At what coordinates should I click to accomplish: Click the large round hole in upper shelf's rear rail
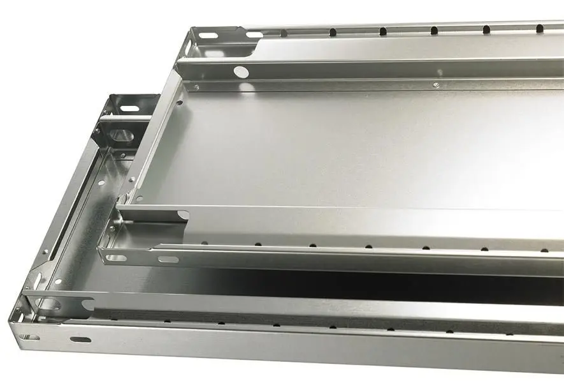[x=240, y=72]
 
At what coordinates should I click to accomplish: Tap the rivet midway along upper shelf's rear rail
[x=435, y=84]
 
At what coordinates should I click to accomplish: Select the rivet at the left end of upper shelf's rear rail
[x=196, y=86]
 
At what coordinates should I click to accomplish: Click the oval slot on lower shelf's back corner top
[x=130, y=109]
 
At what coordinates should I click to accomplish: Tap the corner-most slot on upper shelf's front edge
[x=117, y=258]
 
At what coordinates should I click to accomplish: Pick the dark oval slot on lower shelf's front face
[x=80, y=339]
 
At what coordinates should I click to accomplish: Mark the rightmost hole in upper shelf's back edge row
[x=539, y=27]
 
